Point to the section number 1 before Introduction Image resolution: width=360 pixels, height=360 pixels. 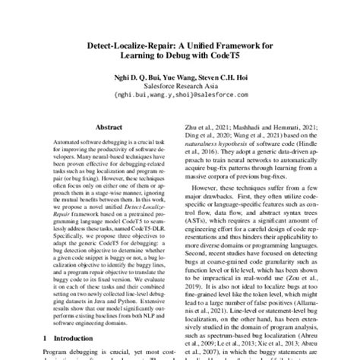point(46,335)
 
